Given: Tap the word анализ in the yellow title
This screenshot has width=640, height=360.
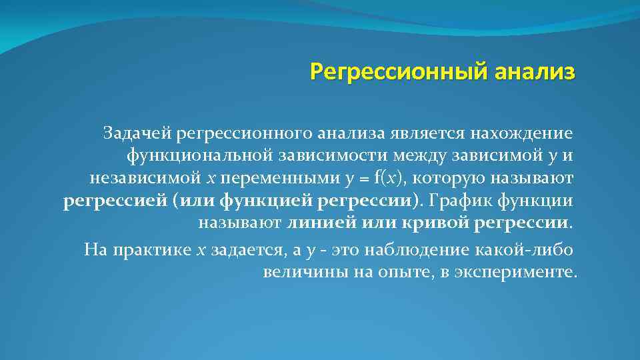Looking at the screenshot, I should pos(533,71).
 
